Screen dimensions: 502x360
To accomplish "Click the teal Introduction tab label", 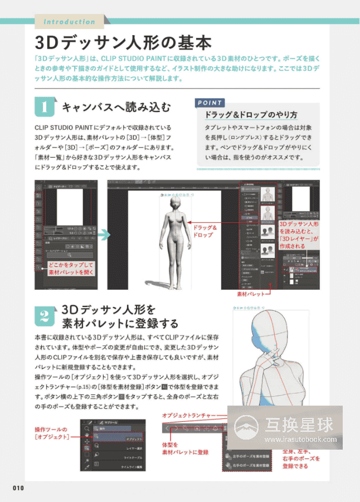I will coord(69,22).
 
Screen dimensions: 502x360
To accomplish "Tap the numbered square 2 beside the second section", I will coord(45,316).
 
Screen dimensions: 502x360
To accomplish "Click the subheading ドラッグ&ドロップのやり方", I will coord(251,115).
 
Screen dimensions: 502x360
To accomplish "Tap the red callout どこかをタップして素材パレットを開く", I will coord(70,269).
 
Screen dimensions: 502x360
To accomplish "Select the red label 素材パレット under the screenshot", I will coord(250,293).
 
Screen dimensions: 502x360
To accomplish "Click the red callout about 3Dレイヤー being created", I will coord(299,235).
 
